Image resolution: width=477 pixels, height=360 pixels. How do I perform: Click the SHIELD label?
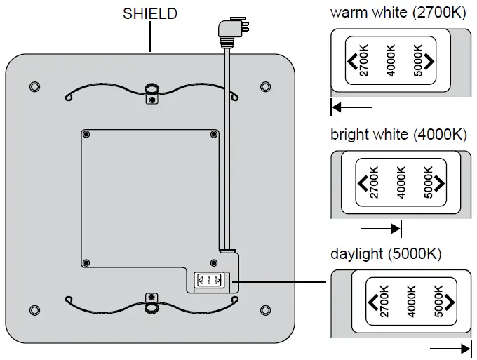(150, 13)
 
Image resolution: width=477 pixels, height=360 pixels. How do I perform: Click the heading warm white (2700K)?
(398, 13)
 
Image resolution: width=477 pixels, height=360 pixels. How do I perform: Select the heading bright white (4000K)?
(398, 134)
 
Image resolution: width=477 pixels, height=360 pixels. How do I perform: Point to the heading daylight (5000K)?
(386, 254)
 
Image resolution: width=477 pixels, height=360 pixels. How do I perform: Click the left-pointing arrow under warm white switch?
(351, 108)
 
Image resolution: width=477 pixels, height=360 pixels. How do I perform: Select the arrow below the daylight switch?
(449, 348)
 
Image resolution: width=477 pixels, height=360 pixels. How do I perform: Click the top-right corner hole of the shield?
(264, 86)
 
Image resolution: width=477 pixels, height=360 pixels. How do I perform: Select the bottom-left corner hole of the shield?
(35, 309)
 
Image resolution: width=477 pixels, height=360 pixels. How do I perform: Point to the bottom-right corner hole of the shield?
(264, 309)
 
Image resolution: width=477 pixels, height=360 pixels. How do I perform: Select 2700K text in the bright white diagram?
(373, 182)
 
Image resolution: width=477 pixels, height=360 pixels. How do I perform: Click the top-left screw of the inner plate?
(86, 133)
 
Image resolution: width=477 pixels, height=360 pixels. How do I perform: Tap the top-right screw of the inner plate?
(214, 133)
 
